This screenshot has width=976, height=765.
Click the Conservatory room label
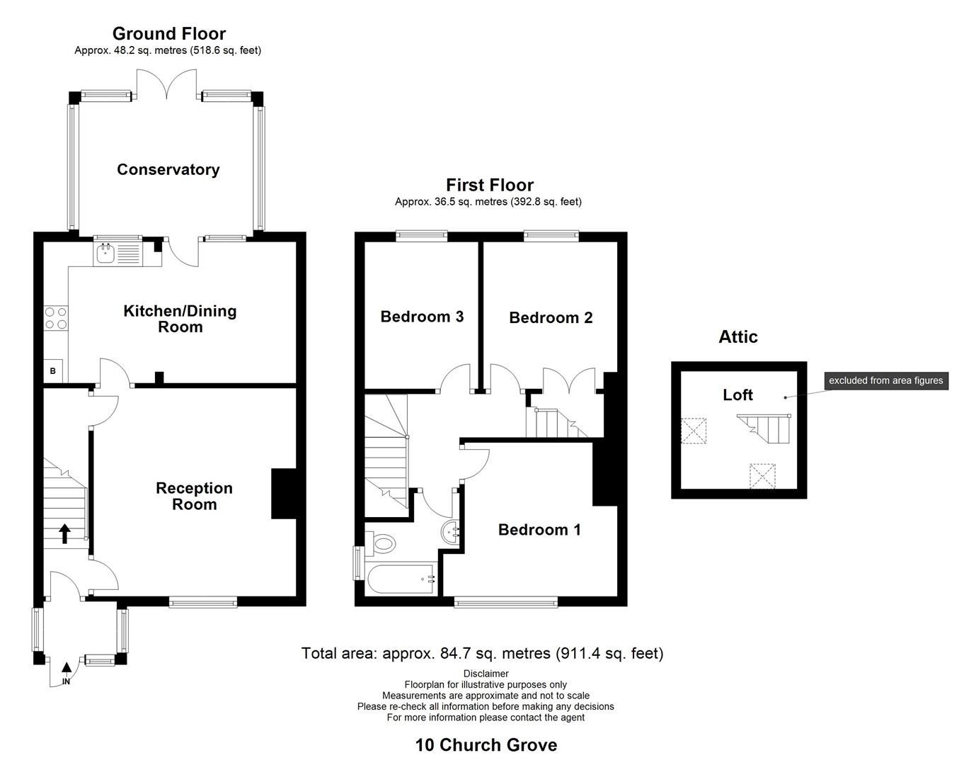click(168, 169)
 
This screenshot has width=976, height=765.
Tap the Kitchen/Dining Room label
click(180, 319)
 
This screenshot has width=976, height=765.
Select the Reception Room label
click(194, 496)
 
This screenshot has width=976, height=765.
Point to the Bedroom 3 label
click(422, 317)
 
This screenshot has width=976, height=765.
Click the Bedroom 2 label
click(551, 318)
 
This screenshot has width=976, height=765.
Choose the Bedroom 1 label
click(539, 530)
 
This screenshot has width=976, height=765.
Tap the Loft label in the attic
click(737, 395)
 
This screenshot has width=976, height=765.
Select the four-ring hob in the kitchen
click(56, 318)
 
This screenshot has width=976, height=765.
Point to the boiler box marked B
click(53, 370)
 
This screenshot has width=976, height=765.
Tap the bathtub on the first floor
click(401, 579)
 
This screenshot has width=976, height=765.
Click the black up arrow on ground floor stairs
click(64, 533)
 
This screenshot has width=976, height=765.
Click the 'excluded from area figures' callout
click(885, 380)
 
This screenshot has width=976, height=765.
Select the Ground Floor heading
click(169, 33)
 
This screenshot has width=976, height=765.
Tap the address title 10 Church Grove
click(486, 745)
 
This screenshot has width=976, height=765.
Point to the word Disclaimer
click(486, 674)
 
